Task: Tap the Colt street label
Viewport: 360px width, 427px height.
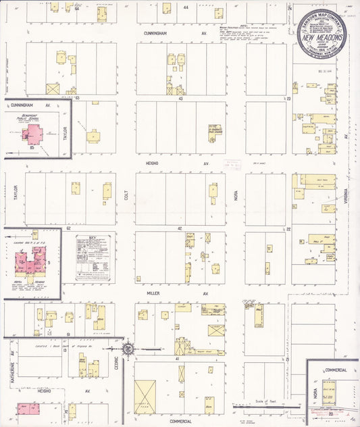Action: [126, 196]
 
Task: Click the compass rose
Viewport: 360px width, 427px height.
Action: [128, 349]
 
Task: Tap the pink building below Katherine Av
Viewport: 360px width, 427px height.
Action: [27, 409]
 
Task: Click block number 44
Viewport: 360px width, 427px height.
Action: [185, 6]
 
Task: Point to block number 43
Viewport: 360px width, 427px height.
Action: [180, 99]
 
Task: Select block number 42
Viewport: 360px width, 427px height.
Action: [180, 228]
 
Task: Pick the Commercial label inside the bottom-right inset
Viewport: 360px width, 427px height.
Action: [335, 370]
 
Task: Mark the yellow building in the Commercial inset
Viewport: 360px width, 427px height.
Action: [332, 392]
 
